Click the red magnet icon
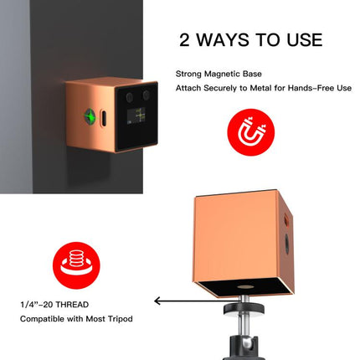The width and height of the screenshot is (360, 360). (251, 132)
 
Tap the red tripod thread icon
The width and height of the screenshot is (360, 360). (76, 265)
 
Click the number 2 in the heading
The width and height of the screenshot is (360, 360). (184, 39)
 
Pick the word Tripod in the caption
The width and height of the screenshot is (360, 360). (121, 319)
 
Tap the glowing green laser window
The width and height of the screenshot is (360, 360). (91, 116)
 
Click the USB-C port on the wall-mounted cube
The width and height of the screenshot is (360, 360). (103, 118)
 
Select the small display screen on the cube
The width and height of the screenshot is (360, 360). (136, 116)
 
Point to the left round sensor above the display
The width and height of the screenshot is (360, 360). (129, 97)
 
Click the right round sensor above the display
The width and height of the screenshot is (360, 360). (146, 95)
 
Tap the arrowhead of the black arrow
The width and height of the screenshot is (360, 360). (157, 301)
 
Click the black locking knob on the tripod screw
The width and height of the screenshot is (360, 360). (244, 308)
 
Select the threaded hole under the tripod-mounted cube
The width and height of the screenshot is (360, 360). (245, 287)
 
